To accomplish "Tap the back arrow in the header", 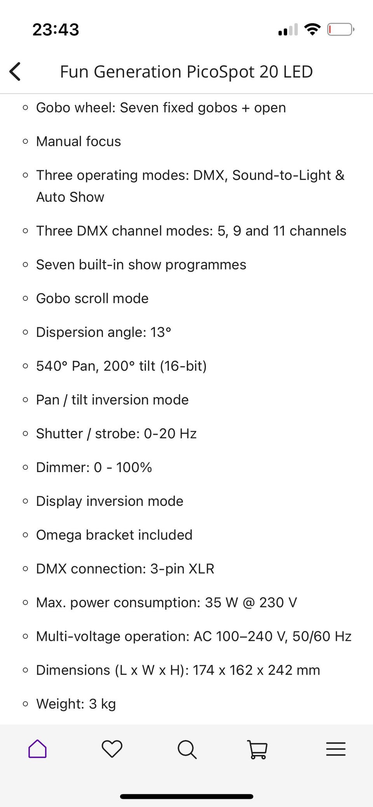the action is (x=15, y=71).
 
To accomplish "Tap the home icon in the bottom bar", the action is (x=37, y=749).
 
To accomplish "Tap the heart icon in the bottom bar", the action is (x=112, y=749).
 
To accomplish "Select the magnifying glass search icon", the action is (x=187, y=749).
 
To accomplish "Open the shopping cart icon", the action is (x=257, y=749).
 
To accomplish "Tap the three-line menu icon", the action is (x=336, y=749).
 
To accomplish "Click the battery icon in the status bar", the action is (x=340, y=30).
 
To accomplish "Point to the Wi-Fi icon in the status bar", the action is (x=312, y=29).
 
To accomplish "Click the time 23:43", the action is (x=56, y=30).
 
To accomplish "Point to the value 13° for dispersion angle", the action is (x=161, y=332).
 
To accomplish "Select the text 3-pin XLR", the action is (x=182, y=569).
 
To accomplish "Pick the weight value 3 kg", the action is (x=103, y=704).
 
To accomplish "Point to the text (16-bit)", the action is (x=183, y=366).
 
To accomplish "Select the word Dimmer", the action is (x=62, y=467).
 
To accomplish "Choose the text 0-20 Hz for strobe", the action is (x=170, y=434).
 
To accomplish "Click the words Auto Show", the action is (x=70, y=197).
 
